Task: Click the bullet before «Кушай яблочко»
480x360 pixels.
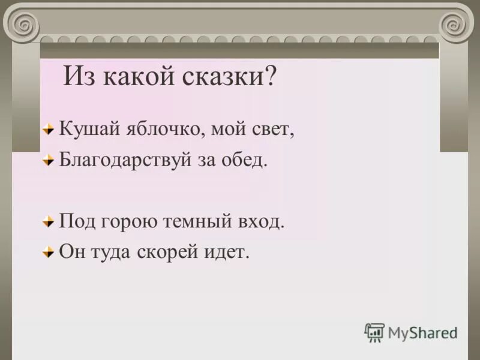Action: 48,130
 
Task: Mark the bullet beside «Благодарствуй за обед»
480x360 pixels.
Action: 48,161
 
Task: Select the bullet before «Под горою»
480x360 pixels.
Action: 48,222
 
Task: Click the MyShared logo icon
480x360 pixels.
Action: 374,332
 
